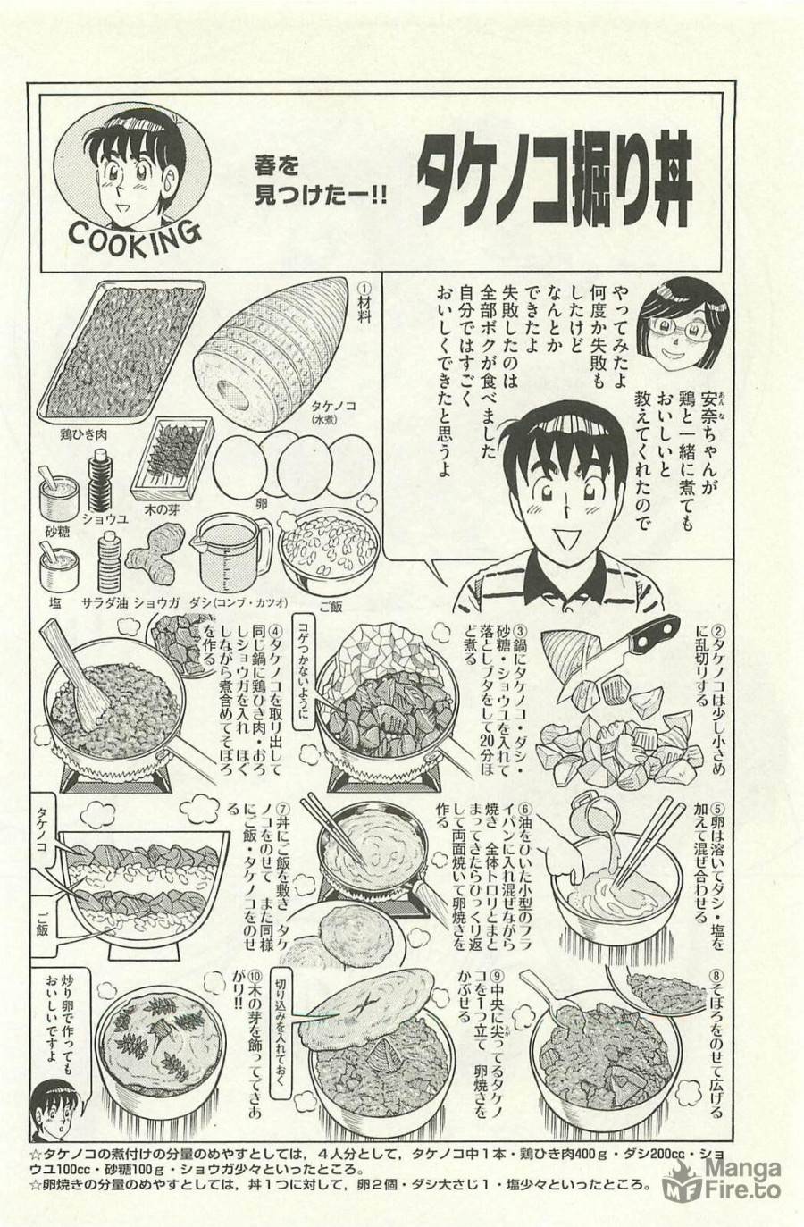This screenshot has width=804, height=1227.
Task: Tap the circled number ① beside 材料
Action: pos(364,290)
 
